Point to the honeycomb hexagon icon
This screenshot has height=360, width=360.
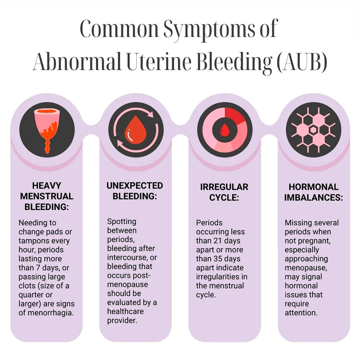point(314,130)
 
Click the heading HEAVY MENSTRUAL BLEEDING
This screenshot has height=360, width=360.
point(46,196)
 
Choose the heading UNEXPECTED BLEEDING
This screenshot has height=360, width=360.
point(135,191)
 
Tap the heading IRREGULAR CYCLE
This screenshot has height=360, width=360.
point(224,192)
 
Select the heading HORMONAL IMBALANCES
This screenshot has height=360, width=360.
point(314,192)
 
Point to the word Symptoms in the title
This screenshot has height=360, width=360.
point(209,30)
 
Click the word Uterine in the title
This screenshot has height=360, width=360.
point(159,62)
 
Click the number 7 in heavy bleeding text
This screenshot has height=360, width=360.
point(38,268)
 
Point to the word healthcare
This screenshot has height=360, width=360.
point(125,311)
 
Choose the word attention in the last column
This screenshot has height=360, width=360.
point(301,313)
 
